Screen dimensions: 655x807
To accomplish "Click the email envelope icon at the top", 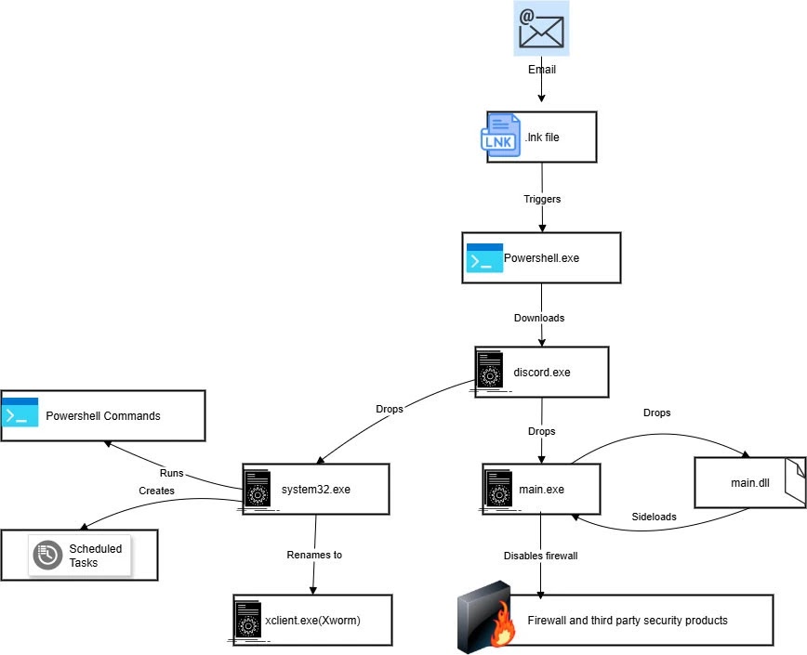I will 541,29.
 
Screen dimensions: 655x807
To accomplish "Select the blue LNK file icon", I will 502,137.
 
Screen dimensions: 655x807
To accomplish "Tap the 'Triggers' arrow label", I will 542,199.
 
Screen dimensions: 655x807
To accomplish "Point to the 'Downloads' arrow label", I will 539,318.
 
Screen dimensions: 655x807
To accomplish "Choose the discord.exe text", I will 541,373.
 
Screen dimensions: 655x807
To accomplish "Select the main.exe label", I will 541,490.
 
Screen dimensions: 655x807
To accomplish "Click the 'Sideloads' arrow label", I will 654,517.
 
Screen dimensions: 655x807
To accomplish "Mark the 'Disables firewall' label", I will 542,556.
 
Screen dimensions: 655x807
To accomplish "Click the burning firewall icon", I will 485,618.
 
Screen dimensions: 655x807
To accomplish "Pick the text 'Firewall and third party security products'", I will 628,620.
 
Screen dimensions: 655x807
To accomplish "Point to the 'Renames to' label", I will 314,555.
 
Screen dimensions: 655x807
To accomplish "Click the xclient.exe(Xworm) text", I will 312,619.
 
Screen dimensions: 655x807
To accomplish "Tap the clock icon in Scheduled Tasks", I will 47,555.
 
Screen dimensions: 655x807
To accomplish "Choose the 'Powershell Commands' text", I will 103,415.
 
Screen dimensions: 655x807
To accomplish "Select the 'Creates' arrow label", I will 156,490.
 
